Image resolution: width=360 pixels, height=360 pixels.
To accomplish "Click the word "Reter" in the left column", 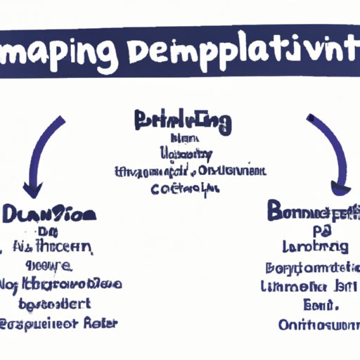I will click(100, 323).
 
